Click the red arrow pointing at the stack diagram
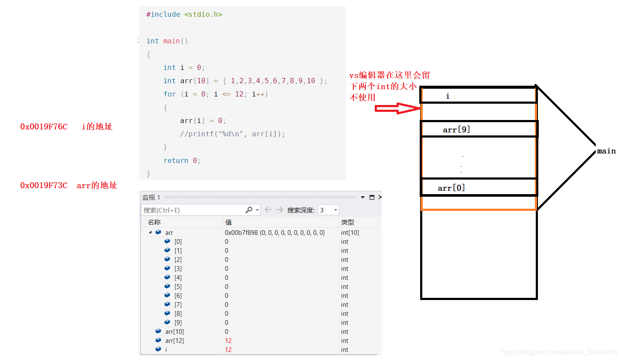397,108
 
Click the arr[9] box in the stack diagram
479,129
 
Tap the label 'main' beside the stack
606,151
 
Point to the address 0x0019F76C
44,127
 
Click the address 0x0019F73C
44,185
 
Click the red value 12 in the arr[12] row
228,341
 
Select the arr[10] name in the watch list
174,332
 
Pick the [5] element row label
178,287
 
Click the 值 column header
228,222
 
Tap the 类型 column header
347,222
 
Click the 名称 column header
154,222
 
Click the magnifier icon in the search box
249,210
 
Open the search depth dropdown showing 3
328,210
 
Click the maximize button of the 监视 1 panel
372,197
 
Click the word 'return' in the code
176,161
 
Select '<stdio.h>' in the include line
203,15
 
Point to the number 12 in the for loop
239,94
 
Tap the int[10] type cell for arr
350,232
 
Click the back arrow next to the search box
268,210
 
